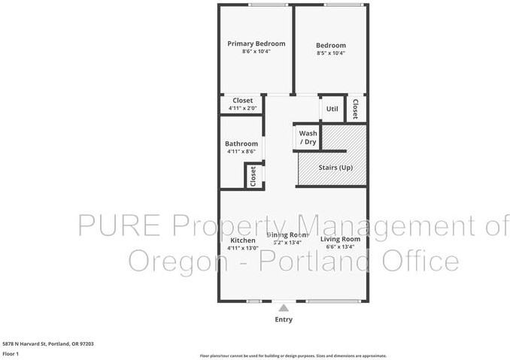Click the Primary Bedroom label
257,44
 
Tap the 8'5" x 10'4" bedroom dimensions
331,53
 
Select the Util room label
332,109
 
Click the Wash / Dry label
308,138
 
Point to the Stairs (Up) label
336,167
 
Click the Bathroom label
241,144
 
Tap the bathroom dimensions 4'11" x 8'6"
241,152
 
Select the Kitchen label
242,240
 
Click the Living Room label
341,239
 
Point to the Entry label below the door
284,319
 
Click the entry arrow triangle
284,307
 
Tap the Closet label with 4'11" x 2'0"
242,101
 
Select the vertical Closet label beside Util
355,108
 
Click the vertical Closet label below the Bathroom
253,176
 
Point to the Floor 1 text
11,352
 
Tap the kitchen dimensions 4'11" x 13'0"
242,248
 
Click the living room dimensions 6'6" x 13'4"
341,247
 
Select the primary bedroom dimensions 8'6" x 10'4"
257,52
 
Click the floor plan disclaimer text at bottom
293,355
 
